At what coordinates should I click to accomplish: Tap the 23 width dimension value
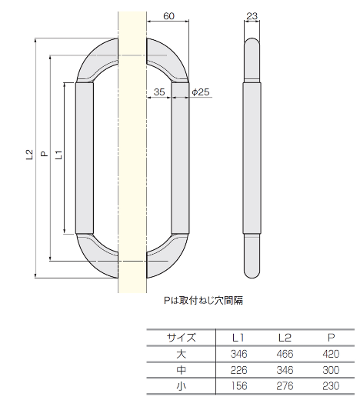pyautogui.click(x=252, y=15)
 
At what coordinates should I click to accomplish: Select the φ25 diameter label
pyautogui.click(x=200, y=92)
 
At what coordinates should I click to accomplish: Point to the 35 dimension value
pyautogui.click(x=158, y=92)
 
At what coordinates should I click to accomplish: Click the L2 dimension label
pyautogui.click(x=28, y=155)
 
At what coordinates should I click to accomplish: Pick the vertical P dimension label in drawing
pyautogui.click(x=44, y=155)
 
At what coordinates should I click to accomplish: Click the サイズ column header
pyautogui.click(x=182, y=337)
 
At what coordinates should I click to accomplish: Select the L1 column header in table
pyautogui.click(x=238, y=337)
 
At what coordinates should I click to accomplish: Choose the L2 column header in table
pyautogui.click(x=285, y=337)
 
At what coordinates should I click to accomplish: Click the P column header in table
pyautogui.click(x=331, y=337)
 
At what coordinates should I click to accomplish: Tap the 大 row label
pyautogui.click(x=182, y=354)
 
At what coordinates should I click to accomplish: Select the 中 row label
pyautogui.click(x=182, y=370)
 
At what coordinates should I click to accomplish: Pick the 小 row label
pyautogui.click(x=182, y=386)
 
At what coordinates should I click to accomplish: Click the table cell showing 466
pyautogui.click(x=285, y=354)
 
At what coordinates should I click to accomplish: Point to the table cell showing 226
pyautogui.click(x=238, y=370)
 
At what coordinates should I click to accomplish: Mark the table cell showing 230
pyautogui.click(x=331, y=386)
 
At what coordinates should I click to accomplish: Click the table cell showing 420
pyautogui.click(x=331, y=354)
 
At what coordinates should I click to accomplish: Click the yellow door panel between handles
pyautogui.click(x=131, y=154)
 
